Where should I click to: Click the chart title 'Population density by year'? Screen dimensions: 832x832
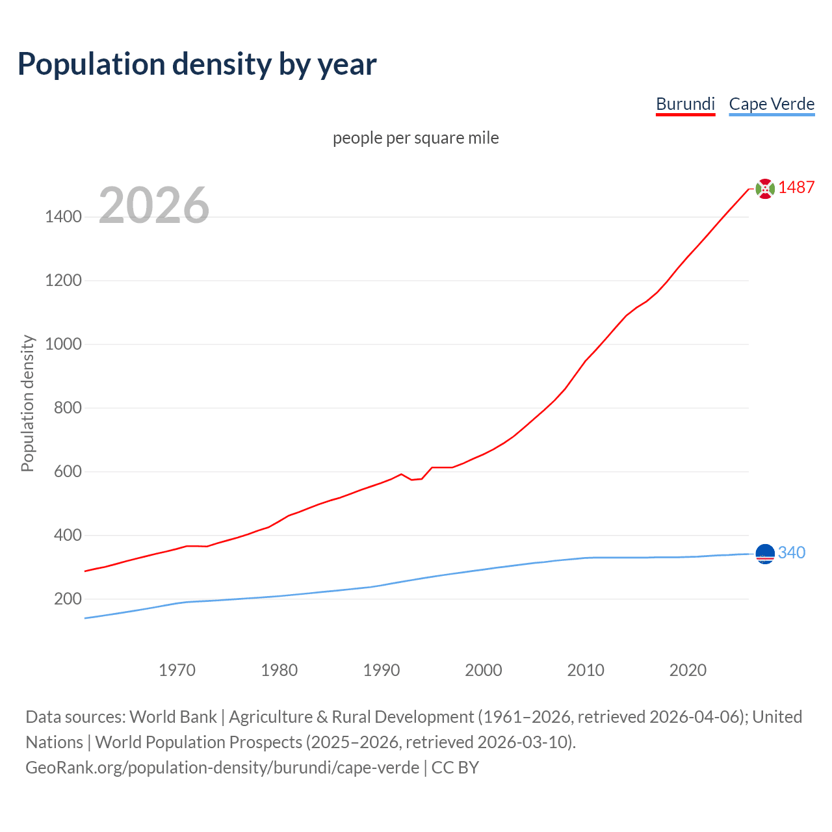tap(197, 64)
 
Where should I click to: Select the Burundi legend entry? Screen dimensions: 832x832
tap(685, 104)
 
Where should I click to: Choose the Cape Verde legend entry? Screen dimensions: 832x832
tap(772, 104)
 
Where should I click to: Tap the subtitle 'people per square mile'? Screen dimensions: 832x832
tap(415, 138)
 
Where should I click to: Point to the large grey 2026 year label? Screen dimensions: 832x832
tap(154, 205)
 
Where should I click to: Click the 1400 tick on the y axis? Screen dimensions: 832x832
tap(63, 216)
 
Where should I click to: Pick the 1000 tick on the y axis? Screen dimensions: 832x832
tap(63, 344)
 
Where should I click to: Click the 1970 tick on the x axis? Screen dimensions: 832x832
tap(177, 670)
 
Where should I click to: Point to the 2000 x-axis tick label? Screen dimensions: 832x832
tap(483, 670)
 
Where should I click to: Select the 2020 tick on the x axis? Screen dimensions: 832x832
tap(688, 670)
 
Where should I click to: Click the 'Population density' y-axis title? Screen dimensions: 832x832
tap(27, 403)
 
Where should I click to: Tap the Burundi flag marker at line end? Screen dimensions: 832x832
tap(765, 188)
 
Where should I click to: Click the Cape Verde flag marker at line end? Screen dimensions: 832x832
tap(765, 553)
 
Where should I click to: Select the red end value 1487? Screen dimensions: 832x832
tap(796, 187)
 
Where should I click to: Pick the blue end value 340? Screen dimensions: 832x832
tap(791, 552)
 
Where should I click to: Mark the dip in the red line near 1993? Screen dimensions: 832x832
tap(412, 480)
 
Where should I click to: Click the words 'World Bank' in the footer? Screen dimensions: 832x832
tap(173, 717)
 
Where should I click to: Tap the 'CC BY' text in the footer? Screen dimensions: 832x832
tap(455, 768)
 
